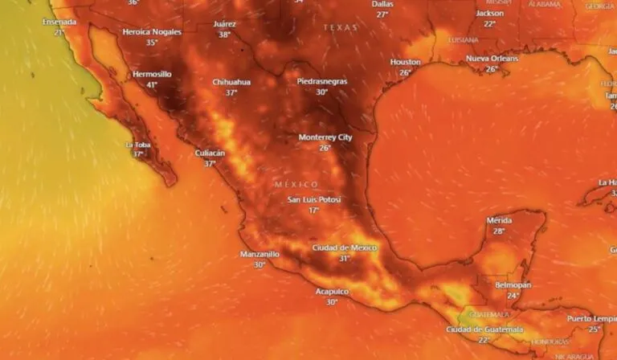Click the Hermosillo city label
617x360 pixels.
(152, 75)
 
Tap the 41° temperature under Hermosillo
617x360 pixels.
(152, 84)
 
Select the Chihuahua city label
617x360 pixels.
(231, 82)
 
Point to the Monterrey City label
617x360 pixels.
(325, 137)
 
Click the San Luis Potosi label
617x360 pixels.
(314, 199)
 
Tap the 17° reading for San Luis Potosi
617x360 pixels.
(314, 210)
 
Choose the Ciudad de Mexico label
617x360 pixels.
(344, 247)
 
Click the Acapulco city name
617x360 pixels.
(332, 292)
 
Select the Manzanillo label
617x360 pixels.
(259, 254)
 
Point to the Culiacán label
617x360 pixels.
(210, 153)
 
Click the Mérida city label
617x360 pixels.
(499, 220)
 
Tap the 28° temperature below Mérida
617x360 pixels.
(499, 231)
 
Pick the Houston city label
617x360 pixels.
(405, 62)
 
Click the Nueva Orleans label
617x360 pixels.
(492, 59)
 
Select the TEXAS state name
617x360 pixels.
(340, 27)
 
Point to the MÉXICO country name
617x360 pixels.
(296, 184)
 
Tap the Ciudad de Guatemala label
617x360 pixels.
(484, 329)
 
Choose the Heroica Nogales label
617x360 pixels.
(152, 32)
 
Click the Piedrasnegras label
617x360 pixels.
(322, 81)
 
